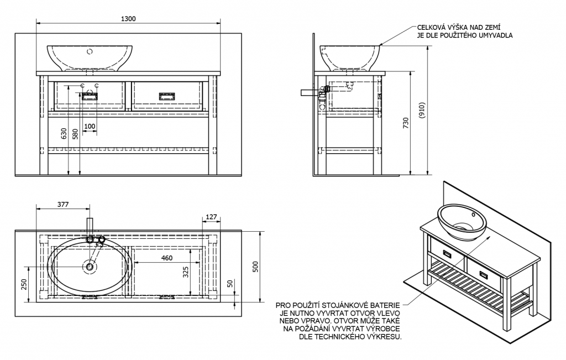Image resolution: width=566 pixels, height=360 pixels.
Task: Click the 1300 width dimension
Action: [x=128, y=19]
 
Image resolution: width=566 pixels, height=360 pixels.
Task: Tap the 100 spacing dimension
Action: [x=90, y=127]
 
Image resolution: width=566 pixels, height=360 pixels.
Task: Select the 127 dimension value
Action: [x=210, y=217]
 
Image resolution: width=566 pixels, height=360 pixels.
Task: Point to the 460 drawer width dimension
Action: [x=166, y=258]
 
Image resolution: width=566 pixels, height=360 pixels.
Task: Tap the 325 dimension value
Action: [x=186, y=272]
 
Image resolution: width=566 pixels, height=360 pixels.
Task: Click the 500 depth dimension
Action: [x=255, y=267]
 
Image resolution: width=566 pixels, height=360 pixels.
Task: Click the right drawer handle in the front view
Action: [x=166, y=97]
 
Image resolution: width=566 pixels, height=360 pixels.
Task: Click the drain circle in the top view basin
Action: [x=90, y=267]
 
